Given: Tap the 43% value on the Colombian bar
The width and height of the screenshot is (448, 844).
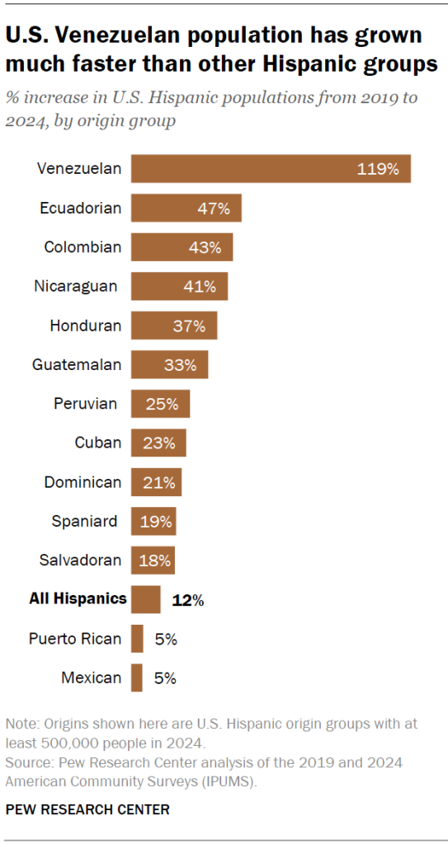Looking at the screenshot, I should tap(205, 247).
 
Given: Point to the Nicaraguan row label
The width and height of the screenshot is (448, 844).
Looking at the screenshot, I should tap(76, 286).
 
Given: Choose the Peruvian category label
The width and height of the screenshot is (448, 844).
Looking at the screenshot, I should tap(86, 404).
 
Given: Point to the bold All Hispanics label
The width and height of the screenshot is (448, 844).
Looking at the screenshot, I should tap(78, 599).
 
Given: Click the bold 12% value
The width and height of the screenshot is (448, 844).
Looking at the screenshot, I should tap(187, 600).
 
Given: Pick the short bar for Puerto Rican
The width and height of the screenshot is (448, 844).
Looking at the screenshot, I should tap(137, 639).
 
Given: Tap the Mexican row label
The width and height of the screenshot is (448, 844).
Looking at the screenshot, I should tap(91, 678).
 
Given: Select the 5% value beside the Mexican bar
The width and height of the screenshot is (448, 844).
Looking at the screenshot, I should tap(165, 678).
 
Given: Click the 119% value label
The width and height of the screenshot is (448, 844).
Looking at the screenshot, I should tap(378, 169).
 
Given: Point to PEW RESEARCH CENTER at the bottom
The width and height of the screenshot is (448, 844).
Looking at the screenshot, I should tap(87, 809).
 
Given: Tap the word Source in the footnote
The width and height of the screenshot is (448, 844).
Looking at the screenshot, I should tap(28, 762).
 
